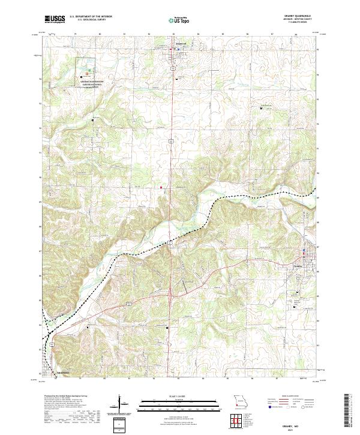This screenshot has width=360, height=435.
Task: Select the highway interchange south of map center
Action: tap(172, 294)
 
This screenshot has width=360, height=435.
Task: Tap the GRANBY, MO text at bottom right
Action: tap(296, 423)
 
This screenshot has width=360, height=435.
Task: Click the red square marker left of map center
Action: tap(161, 188)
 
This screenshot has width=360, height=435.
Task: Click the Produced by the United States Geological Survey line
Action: tap(66, 397)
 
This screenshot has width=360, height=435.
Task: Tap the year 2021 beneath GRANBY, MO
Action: tap(296, 428)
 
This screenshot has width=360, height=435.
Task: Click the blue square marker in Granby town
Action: tap(304, 250)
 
